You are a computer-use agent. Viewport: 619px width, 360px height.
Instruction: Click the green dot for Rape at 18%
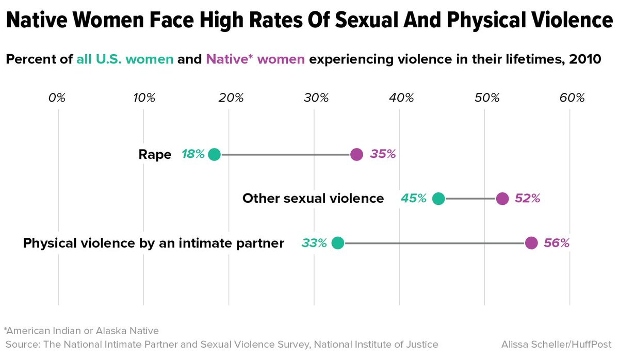214,154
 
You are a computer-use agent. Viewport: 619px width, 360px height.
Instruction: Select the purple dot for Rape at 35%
356,154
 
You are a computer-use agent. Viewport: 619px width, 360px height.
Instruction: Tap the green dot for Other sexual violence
438,199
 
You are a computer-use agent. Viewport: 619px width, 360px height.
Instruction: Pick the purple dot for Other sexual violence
502,199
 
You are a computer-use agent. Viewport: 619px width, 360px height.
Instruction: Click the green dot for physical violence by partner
337,243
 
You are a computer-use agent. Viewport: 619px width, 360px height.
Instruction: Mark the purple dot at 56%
531,243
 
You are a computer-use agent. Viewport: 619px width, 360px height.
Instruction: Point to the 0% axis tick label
57,98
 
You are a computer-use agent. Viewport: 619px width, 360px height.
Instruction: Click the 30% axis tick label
316,98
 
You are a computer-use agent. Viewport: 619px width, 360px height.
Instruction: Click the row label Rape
155,154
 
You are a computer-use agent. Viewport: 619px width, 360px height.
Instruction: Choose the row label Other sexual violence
313,199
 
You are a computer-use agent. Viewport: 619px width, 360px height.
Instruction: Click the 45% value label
414,199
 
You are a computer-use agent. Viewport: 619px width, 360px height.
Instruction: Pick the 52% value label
527,199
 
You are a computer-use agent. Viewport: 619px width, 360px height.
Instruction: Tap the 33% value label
314,243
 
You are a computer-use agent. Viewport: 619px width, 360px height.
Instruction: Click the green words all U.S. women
125,59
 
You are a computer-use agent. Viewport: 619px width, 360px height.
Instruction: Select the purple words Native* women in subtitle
255,59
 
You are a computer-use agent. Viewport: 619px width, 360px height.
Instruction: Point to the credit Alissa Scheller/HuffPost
556,344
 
